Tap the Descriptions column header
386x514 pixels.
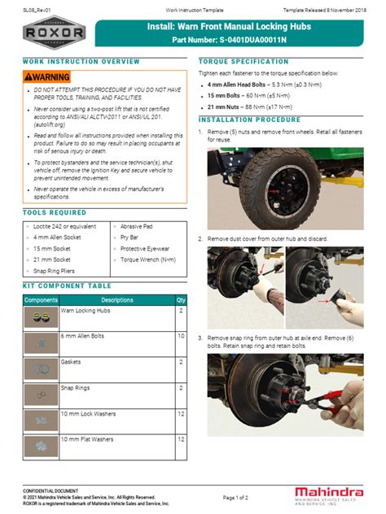pos(116,300)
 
